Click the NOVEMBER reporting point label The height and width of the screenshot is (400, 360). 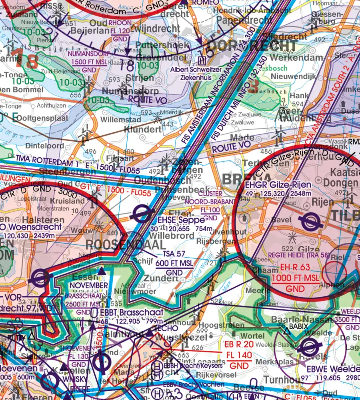click(x=89, y=285)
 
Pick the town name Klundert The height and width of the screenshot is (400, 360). click(x=143, y=129)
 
